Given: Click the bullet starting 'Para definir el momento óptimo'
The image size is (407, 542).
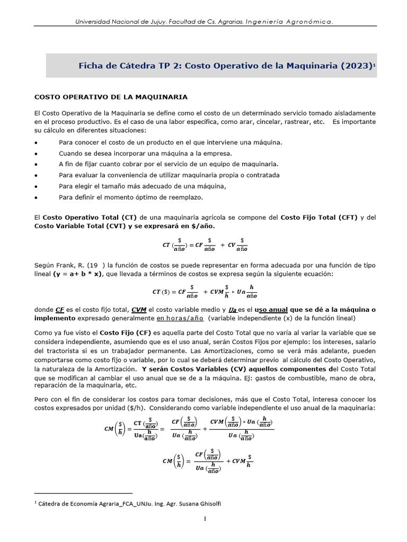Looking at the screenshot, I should (x=131, y=197).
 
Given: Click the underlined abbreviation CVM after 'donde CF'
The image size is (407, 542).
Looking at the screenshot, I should (x=139, y=310).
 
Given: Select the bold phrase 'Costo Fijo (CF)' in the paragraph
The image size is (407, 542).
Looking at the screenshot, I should (x=118, y=332).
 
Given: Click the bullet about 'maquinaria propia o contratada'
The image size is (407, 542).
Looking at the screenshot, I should (x=169, y=175).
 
